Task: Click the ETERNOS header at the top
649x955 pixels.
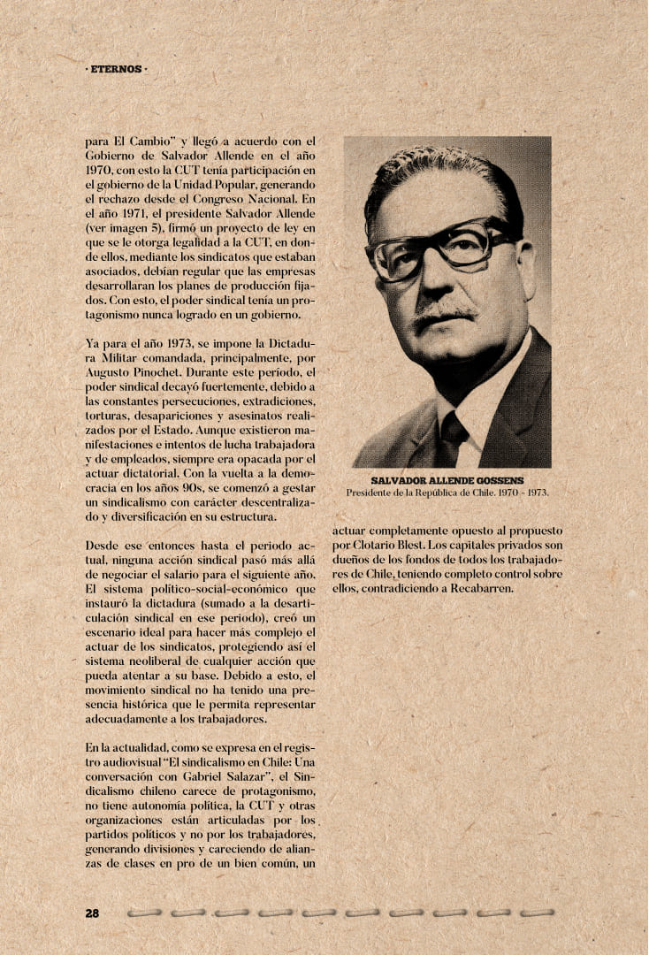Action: click(x=116, y=68)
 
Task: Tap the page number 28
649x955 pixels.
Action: click(x=92, y=913)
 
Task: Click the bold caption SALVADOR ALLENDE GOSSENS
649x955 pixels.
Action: click(x=447, y=480)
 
